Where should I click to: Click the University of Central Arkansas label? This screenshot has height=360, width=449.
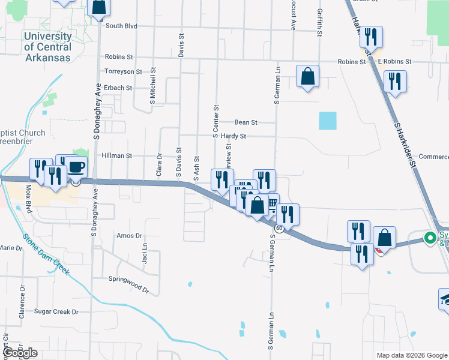(47, 47)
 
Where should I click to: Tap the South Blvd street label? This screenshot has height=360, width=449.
(121, 26)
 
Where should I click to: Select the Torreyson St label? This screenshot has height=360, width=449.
(123, 71)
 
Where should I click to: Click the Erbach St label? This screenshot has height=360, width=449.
(118, 88)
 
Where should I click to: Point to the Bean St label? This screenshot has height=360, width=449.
(246, 122)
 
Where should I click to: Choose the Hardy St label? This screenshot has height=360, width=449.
(234, 136)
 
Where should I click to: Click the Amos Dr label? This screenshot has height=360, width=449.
(129, 236)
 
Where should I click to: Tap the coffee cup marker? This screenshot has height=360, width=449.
(76, 167)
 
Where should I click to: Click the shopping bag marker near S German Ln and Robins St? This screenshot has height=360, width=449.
(307, 77)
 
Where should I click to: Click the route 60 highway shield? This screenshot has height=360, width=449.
(279, 229)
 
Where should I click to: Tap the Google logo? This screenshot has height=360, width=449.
(19, 353)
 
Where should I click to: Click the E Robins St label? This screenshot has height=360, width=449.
(394, 62)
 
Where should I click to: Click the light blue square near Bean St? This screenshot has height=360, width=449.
(328, 121)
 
